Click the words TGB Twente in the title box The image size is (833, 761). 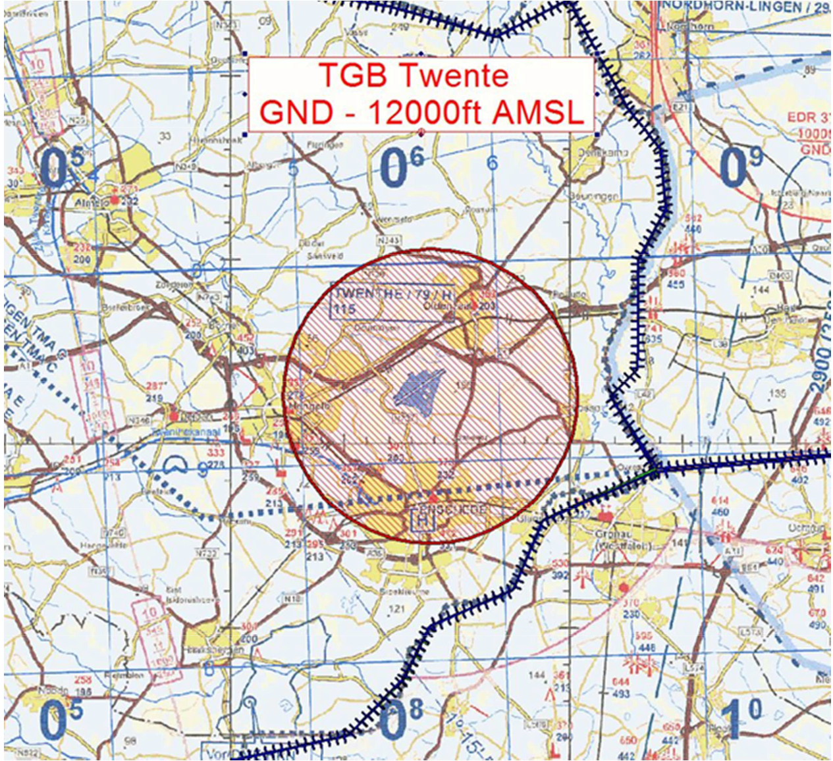414,75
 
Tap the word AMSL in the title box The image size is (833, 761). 539,113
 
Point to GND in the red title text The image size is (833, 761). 296,113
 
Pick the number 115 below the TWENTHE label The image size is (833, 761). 344,309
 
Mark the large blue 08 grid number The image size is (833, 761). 402,720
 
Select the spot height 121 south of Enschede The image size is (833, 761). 396,609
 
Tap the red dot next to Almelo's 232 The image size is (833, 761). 115,199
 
